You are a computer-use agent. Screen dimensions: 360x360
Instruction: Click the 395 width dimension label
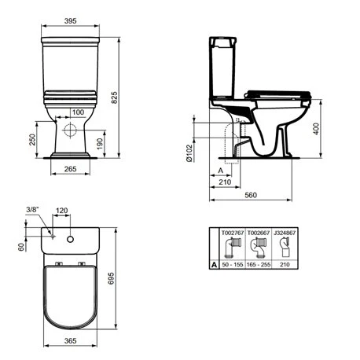click(x=70, y=21)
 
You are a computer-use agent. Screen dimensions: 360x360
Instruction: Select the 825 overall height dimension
click(x=115, y=97)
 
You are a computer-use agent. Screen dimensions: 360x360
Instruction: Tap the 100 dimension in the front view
click(x=78, y=112)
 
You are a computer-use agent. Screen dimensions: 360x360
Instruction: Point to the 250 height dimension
click(x=32, y=140)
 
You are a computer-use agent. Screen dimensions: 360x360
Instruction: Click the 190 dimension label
click(x=100, y=144)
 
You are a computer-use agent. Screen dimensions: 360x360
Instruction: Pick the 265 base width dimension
click(x=70, y=169)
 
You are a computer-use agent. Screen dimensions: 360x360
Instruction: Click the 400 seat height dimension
click(x=316, y=129)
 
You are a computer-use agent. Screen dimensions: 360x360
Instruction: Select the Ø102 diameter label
click(x=189, y=152)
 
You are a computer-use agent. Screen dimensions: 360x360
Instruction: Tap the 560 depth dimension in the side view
click(x=251, y=195)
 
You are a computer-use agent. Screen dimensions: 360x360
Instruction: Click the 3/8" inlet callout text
click(x=33, y=210)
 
